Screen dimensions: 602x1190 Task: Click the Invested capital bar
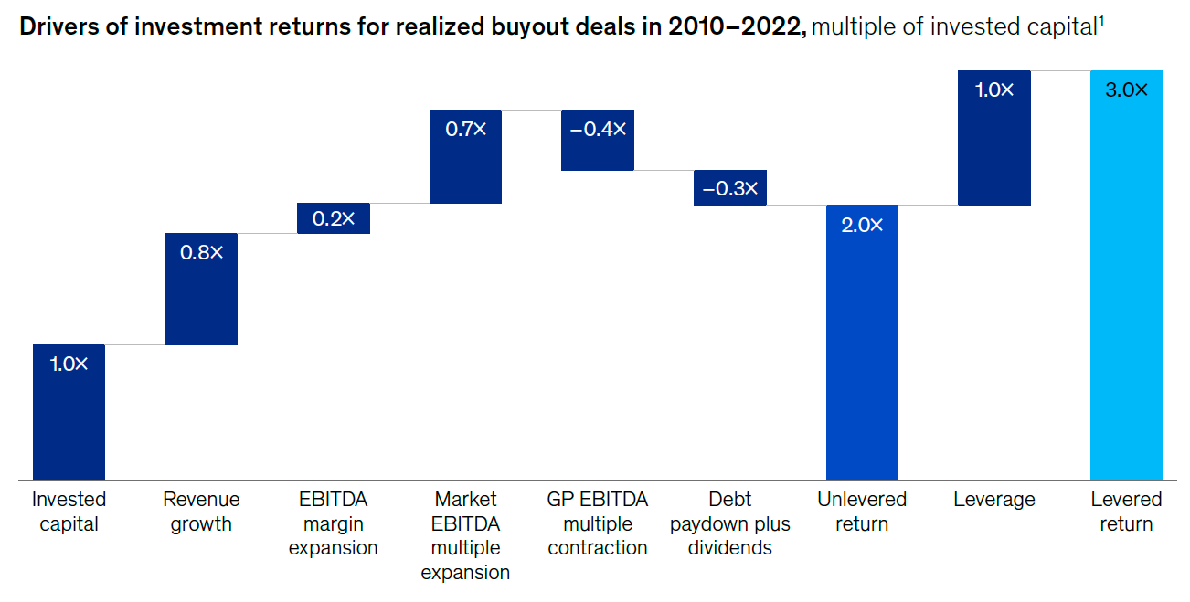pos(69,412)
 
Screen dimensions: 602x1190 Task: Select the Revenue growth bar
pos(201,290)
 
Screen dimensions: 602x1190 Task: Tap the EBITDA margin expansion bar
pos(334,219)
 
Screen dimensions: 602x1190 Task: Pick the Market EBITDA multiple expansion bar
pos(466,157)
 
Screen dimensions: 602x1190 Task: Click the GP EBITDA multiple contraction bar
pos(598,141)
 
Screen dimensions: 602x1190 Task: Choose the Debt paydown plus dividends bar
pos(730,187)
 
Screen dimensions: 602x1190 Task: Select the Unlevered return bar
pos(862,342)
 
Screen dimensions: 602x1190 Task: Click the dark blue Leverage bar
pos(994,138)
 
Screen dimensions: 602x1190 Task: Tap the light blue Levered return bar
pos(1126,275)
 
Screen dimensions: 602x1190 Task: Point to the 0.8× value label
pos(201,252)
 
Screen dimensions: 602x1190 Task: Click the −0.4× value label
pos(598,129)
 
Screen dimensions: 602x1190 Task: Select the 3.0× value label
pos(1126,90)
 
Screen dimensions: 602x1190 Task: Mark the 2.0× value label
pos(862,224)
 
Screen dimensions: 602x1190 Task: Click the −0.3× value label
pos(730,188)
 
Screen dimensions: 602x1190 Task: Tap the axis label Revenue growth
pos(201,512)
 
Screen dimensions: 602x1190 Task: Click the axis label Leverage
pos(994,500)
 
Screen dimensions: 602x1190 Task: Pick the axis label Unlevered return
pos(862,512)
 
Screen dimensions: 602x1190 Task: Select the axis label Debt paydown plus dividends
pos(730,523)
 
